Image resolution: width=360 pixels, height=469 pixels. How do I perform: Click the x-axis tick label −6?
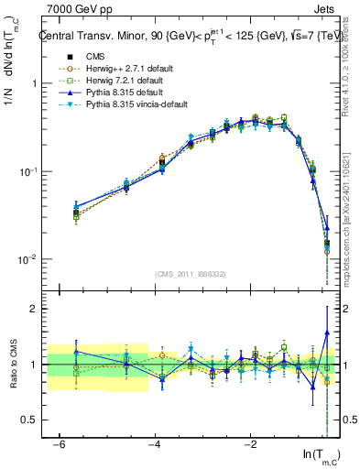coord(59,443)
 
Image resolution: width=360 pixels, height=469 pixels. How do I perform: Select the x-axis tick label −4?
coord(154,443)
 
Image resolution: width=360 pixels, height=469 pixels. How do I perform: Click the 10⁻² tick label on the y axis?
coord(25,260)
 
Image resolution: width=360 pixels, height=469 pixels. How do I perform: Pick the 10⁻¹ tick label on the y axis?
coord(25,172)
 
